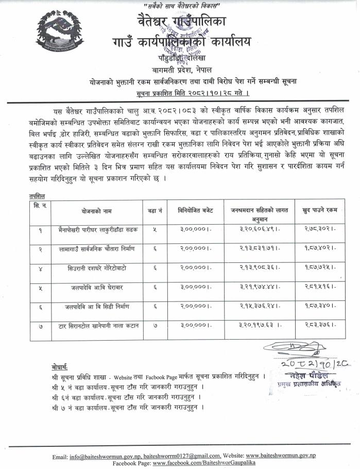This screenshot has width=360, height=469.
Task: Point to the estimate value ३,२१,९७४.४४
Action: (x=260, y=288)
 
